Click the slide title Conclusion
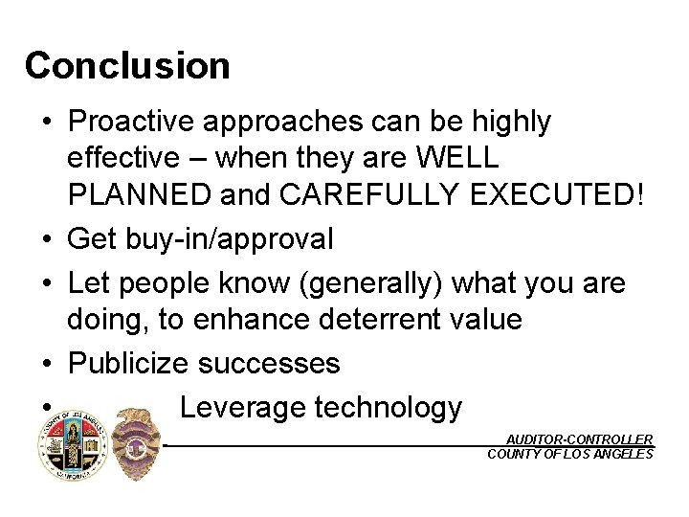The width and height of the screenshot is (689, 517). point(127,66)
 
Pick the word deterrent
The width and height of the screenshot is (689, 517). point(364,319)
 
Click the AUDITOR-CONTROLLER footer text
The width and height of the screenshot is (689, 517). point(579,439)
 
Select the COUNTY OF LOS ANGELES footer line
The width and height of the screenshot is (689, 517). point(570,454)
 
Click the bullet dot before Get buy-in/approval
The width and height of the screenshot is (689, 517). point(47,239)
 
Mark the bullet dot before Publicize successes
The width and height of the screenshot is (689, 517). point(47,365)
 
